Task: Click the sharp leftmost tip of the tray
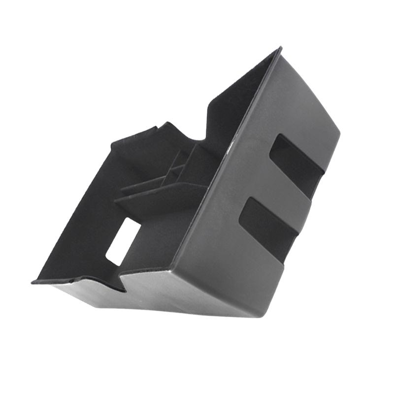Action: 33,282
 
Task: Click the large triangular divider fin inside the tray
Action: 158,197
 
